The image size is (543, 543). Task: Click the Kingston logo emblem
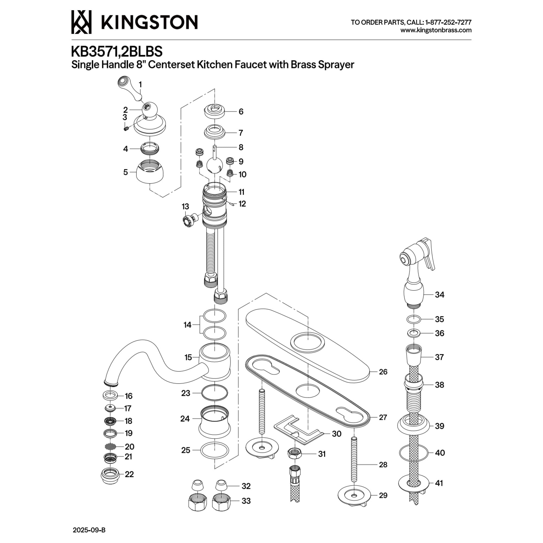81,22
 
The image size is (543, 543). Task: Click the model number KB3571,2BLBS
117,52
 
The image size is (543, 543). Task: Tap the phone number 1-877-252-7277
448,23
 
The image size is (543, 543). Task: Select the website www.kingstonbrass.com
436,30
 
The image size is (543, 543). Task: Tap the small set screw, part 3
126,129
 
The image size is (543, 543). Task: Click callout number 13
185,207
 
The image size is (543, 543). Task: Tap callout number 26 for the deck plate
383,372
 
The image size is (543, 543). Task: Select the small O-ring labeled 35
414,319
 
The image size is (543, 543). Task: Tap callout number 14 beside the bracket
187,325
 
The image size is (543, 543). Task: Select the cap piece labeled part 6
214,111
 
